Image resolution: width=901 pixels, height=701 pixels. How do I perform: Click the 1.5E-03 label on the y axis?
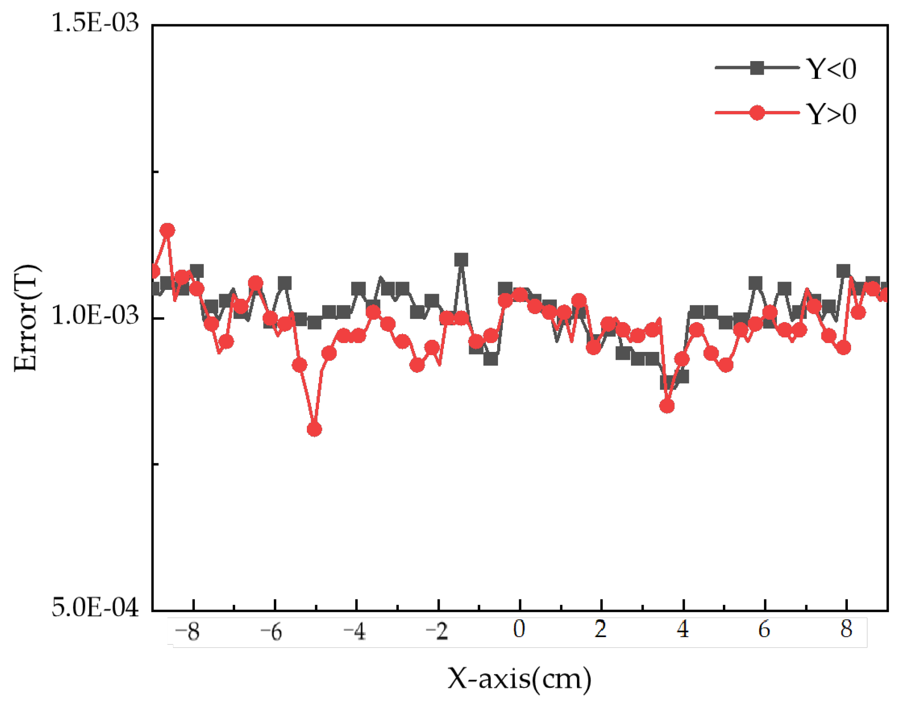pos(95,23)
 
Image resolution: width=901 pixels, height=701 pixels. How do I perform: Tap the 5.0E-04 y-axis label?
pos(95,607)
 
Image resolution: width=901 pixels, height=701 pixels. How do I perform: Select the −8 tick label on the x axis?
pos(187,632)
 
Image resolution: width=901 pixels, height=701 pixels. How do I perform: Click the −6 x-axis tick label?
pos(271,632)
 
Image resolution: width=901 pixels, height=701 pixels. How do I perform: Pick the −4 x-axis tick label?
pos(354,632)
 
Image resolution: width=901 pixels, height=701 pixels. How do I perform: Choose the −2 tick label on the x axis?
pos(437,632)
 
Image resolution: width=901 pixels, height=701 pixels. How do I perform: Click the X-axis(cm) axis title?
pos(520,679)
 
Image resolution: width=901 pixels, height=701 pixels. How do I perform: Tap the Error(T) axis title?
pos(26,318)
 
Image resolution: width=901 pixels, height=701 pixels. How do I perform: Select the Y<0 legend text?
pos(832,69)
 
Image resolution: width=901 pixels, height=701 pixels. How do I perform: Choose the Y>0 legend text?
pos(832,114)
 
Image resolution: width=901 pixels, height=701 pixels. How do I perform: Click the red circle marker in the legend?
pos(757,113)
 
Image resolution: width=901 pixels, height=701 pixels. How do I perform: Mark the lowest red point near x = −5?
pos(314,429)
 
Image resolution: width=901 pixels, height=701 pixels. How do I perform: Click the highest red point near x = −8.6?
pos(167,230)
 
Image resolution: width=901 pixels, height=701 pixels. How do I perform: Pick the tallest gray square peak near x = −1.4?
pos(461,260)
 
